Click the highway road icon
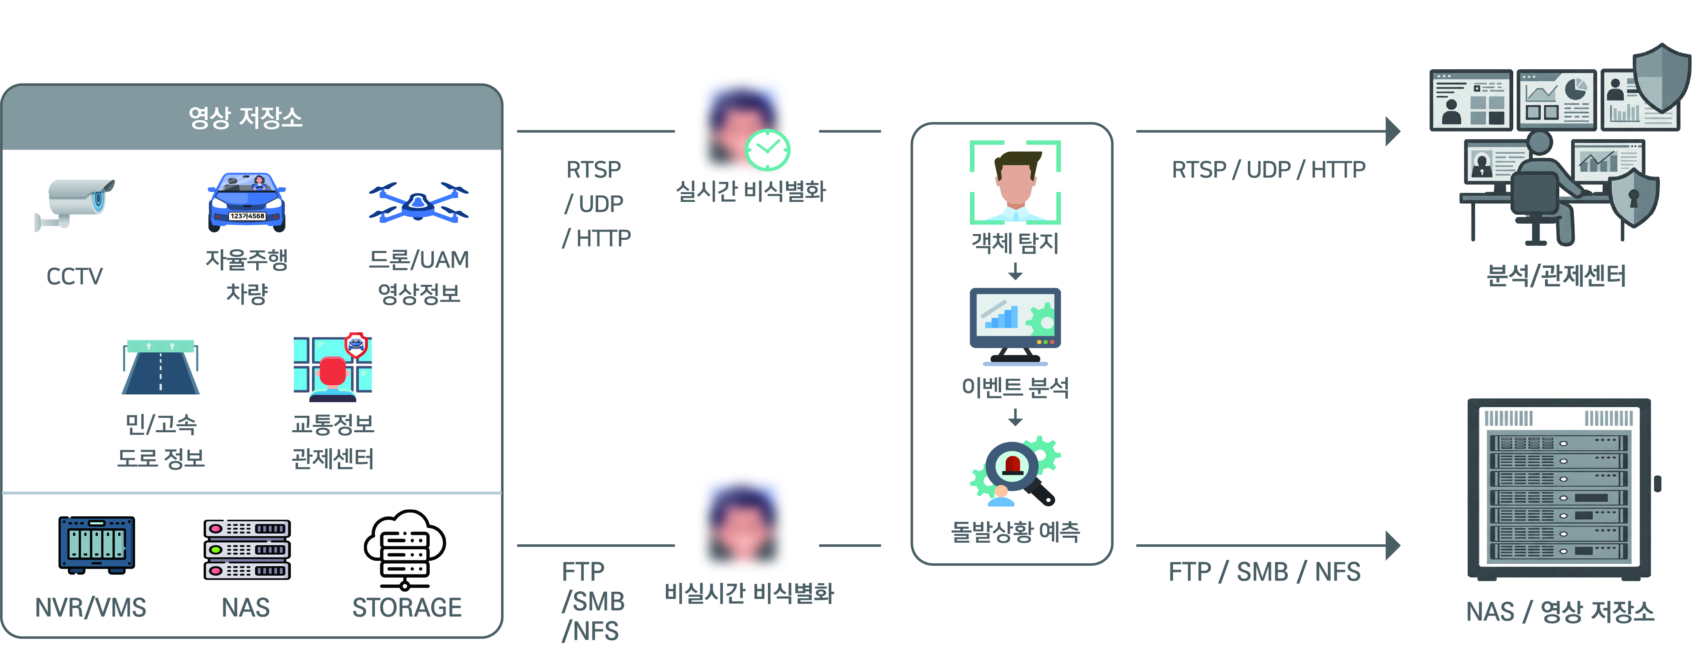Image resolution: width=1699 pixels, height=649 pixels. pos(160,368)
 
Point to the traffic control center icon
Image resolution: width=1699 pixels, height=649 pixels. pos(332,368)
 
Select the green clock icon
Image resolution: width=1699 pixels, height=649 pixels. pos(767,150)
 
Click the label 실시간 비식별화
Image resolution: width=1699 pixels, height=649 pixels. pos(751,191)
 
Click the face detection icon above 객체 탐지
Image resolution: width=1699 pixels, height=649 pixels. pos(1015,182)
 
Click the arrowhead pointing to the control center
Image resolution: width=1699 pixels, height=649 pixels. pos(1392,131)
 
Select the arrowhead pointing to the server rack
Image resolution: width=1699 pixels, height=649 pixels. pos(1392,546)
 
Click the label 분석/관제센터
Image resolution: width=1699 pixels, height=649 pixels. pos(1556,275)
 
